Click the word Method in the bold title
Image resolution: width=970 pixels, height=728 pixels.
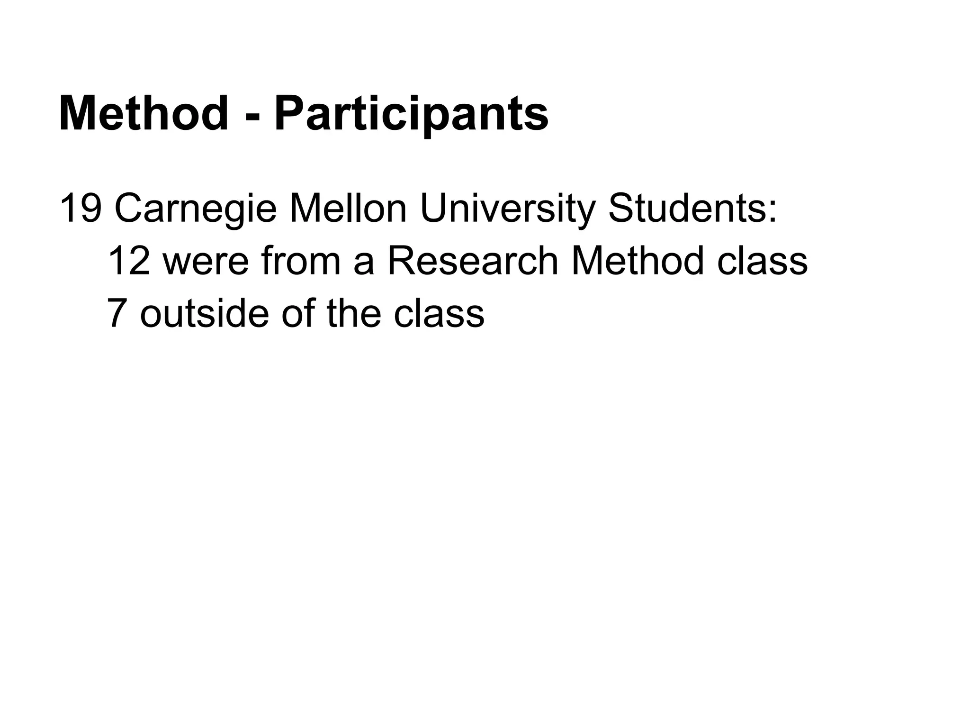[x=144, y=114]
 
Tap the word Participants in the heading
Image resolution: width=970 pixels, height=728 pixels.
[x=411, y=115]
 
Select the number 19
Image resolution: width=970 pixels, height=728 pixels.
[x=80, y=209]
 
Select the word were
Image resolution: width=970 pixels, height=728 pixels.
[x=206, y=262]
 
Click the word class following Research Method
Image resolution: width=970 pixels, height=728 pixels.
[x=762, y=262]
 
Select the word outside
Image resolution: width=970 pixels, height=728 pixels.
[x=204, y=313]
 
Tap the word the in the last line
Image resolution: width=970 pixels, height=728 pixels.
[x=354, y=313]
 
